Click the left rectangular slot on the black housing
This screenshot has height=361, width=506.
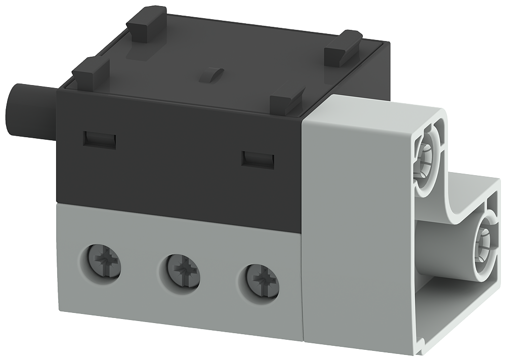100,139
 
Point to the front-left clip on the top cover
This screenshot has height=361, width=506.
91,71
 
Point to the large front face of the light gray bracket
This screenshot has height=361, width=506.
354,228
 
